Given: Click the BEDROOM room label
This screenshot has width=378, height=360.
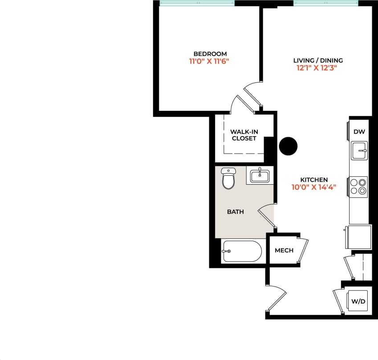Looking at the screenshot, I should [x=210, y=54].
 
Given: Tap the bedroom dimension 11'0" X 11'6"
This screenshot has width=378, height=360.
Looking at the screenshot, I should [x=210, y=62].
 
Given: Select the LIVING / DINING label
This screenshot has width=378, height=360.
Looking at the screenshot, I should [x=318, y=61].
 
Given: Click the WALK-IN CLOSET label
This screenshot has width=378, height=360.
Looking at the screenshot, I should [x=244, y=135].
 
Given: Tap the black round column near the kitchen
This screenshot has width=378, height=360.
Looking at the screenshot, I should [x=288, y=146].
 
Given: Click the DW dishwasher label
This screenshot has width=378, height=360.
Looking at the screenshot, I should [x=359, y=132].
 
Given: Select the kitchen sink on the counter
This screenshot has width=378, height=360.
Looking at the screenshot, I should [x=359, y=151].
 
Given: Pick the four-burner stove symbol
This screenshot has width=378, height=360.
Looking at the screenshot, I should [x=358, y=187].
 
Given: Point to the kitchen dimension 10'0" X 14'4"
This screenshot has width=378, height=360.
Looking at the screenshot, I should [x=313, y=187].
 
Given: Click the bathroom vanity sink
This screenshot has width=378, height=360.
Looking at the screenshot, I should [x=259, y=176].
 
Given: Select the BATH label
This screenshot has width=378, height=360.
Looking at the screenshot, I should [x=235, y=212].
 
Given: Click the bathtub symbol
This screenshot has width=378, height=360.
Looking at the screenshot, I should [x=241, y=251].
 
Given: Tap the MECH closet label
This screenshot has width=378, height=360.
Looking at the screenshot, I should [x=284, y=251].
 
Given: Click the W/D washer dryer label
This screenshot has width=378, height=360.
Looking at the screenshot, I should [x=359, y=302].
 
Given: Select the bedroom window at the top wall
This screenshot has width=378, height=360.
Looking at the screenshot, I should [x=197, y=3].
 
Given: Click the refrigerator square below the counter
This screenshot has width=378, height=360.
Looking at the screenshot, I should [x=359, y=237].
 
